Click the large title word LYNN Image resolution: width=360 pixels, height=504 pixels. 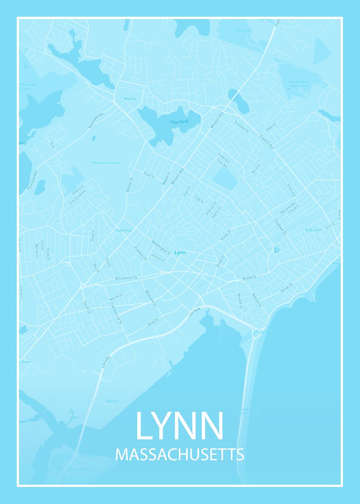coord(179,425)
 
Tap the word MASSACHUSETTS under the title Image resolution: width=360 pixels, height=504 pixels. coord(179,455)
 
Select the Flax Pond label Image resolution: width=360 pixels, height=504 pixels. coord(179,122)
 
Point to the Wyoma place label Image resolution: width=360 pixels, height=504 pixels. coord(130,99)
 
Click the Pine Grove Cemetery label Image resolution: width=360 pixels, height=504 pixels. coord(106,163)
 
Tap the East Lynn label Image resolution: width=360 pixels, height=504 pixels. coord(313,230)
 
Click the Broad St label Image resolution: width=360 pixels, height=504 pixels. coord(249,278)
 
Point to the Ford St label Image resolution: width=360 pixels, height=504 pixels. coord(150,174)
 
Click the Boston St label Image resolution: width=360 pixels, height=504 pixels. coord(129,184)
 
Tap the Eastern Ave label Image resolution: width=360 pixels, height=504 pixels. coord(266,142)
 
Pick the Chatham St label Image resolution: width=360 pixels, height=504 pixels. coord(280,226)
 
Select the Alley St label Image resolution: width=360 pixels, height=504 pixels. coord(153,322)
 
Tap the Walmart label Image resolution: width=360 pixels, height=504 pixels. coord(112,402)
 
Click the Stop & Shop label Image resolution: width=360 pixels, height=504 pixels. coord(124,230)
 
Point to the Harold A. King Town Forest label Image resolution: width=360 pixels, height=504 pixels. coord(298,83)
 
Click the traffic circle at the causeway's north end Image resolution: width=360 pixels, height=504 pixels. coord(256,333)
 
